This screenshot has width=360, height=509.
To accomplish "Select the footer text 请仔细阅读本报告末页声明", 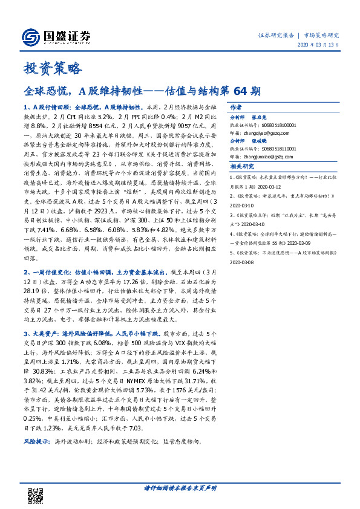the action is (x=180, y=487).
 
